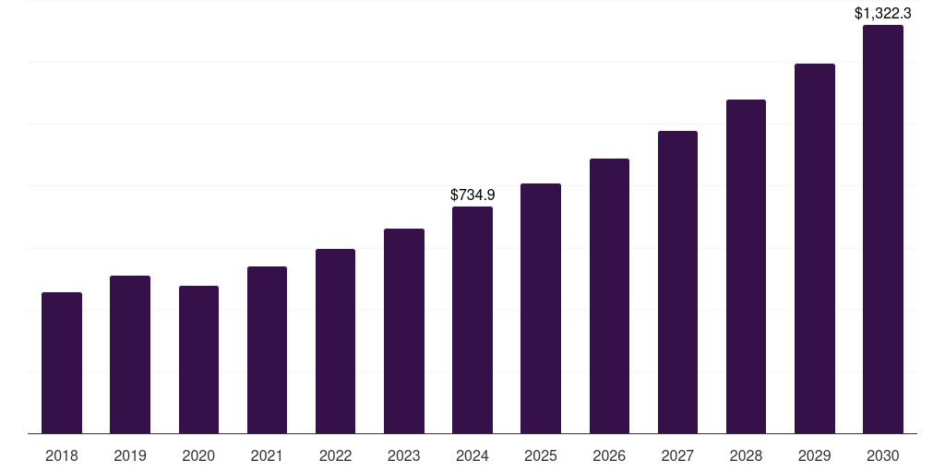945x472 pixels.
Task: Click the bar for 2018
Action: pos(62,363)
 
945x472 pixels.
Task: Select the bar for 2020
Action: pos(198,360)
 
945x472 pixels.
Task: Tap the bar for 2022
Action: pos(335,341)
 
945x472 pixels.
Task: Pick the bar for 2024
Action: pos(472,320)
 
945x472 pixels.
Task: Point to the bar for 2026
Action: pos(609,296)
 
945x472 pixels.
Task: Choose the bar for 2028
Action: pos(746,266)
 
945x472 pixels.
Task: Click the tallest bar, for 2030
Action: pos(883,230)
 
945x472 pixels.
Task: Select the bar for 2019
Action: pos(130,355)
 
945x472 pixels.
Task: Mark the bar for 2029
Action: pos(815,249)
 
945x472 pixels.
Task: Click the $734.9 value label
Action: pos(472,195)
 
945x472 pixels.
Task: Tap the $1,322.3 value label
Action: pos(883,13)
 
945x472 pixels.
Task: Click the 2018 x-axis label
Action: pos(62,455)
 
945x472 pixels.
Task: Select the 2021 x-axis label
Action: pos(267,455)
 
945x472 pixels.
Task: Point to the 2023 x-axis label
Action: pos(404,455)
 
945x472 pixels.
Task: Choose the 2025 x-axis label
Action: pos(541,455)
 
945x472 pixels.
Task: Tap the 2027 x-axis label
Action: pos(677,455)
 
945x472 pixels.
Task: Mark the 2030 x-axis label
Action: pos(883,455)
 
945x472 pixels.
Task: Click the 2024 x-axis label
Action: pos(472,455)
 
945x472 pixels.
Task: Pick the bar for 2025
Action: pos(541,309)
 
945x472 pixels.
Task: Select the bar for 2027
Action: pos(677,282)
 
